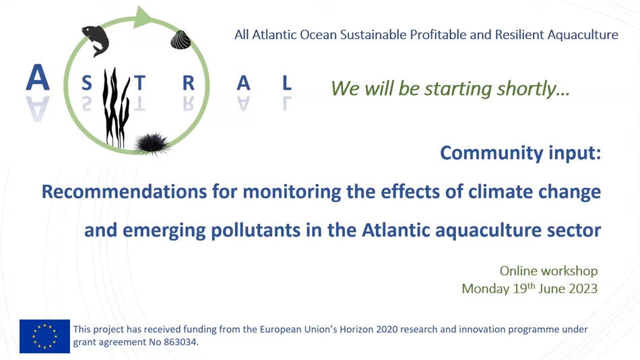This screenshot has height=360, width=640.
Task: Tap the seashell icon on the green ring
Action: (x=181, y=40)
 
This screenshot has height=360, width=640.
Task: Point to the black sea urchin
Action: (x=152, y=144)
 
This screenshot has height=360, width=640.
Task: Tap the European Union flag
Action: (x=44, y=336)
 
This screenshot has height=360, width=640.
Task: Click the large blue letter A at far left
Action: (x=38, y=78)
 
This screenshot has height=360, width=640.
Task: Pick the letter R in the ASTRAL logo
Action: (x=188, y=83)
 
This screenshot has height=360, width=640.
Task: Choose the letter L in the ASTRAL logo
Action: (x=287, y=83)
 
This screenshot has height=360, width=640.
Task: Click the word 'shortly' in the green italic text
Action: (x=533, y=89)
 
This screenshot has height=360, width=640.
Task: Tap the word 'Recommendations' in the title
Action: (x=124, y=191)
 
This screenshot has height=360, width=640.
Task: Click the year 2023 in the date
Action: (x=583, y=289)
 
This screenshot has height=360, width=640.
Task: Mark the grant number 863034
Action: (x=180, y=342)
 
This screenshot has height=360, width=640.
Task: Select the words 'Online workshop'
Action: (x=548, y=271)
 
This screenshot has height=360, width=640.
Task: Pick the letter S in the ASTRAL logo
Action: (x=86, y=83)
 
